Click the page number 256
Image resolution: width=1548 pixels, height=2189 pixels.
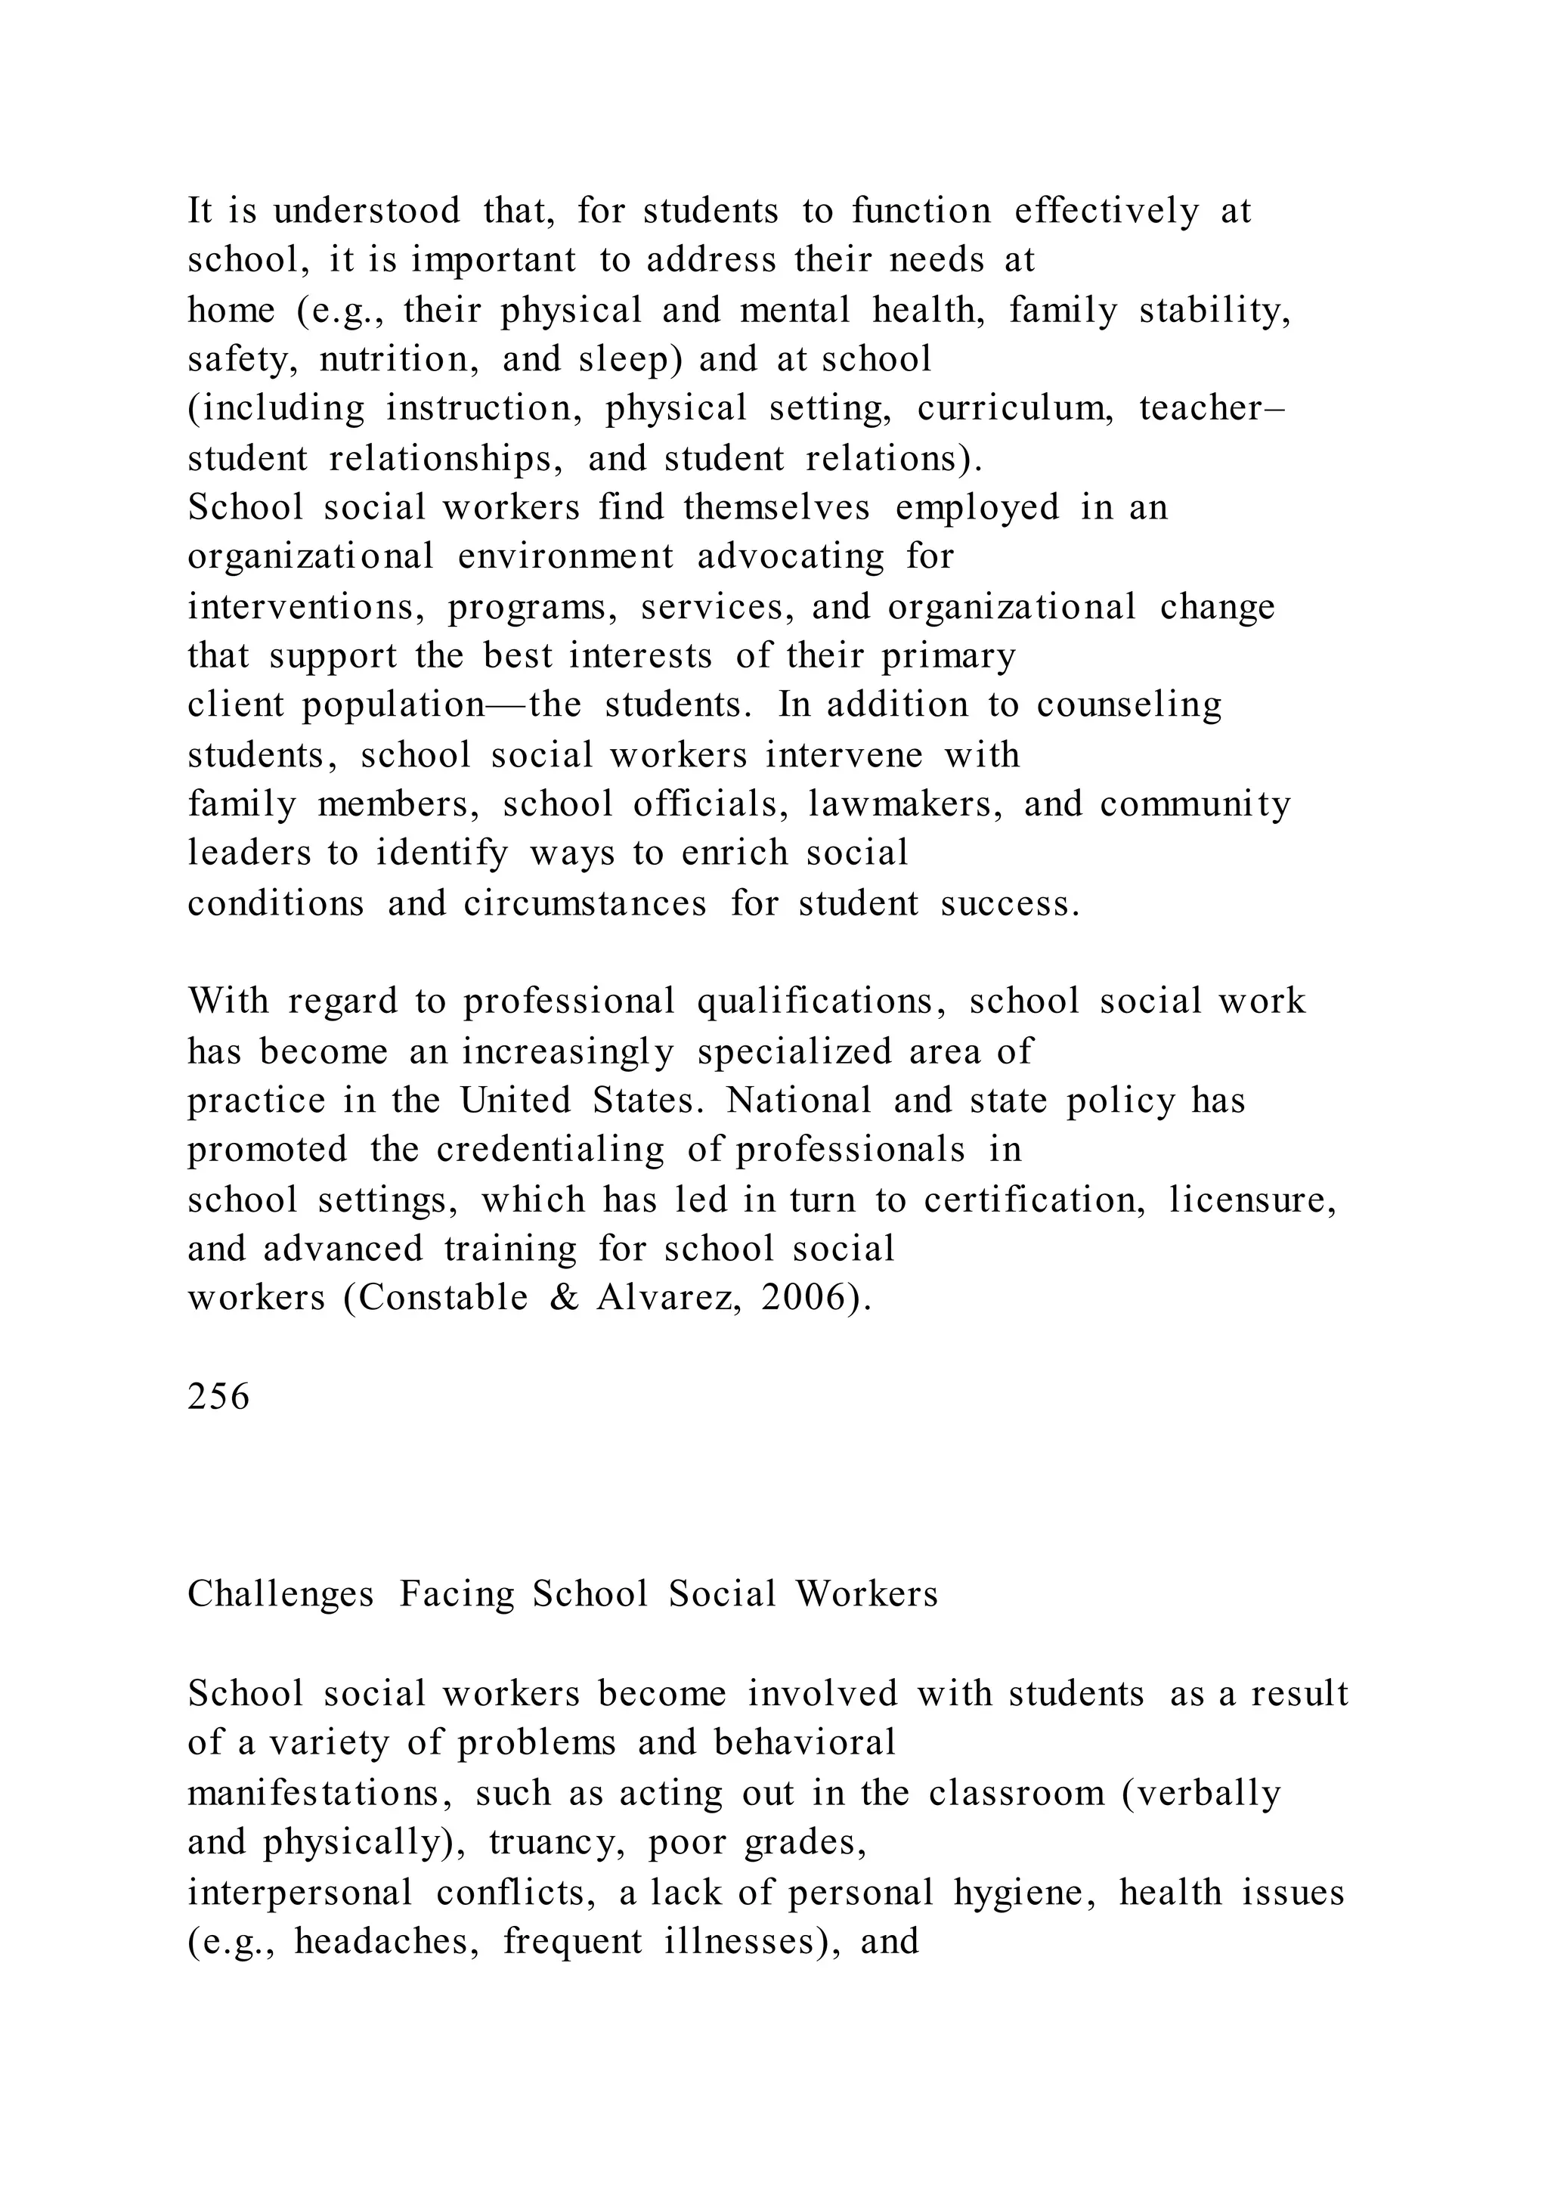pos(218,1397)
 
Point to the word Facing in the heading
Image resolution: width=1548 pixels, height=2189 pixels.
pos(456,1594)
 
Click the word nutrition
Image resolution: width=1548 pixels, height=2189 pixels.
pos(398,360)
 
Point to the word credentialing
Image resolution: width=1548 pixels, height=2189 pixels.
pos(550,1150)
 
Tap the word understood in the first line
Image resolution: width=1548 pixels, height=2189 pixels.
pos(366,211)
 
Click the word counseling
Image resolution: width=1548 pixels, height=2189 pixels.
pos(1128,704)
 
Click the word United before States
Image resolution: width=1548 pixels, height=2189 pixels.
pos(515,1101)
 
